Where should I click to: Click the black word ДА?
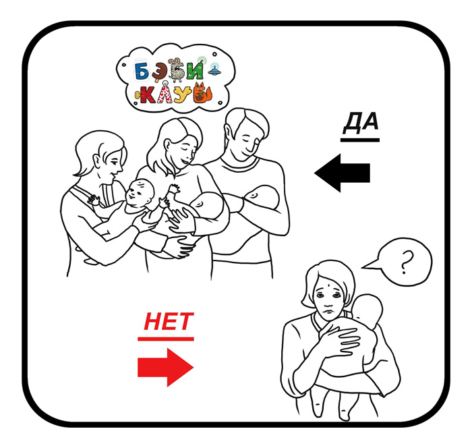click(x=361, y=122)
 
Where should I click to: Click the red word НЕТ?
click(x=169, y=321)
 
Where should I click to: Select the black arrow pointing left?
click(x=343, y=173)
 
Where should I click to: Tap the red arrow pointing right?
click(x=166, y=367)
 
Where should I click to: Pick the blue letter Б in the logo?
click(x=142, y=72)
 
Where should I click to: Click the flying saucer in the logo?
click(x=214, y=71)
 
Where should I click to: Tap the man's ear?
click(x=229, y=132)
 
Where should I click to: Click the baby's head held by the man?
click(x=262, y=197)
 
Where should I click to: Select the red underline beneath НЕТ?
click(x=166, y=339)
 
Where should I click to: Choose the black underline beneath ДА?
click(x=360, y=140)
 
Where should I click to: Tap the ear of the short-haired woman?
click(x=98, y=161)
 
